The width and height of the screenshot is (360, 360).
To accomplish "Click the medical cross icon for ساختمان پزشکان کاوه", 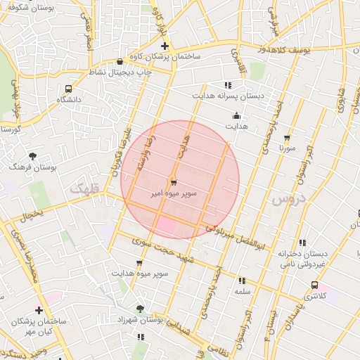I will [x=165, y=46].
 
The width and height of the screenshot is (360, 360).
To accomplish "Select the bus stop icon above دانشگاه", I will [x=68, y=89].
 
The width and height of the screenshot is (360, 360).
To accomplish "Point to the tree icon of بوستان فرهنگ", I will [x=32, y=156].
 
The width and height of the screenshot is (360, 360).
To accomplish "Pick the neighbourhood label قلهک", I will [x=85, y=188].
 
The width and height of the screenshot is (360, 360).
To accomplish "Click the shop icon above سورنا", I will [x=286, y=139].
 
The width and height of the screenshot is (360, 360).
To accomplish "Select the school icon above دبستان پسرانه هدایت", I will [x=227, y=85].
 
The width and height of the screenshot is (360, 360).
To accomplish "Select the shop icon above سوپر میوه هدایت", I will [x=139, y=263].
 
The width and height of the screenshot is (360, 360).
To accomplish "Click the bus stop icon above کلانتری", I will [x=314, y=285].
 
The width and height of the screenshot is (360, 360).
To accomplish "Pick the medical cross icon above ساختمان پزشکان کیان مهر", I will [x=39, y=310].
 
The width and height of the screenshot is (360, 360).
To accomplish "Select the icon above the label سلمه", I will [x=243, y=280].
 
